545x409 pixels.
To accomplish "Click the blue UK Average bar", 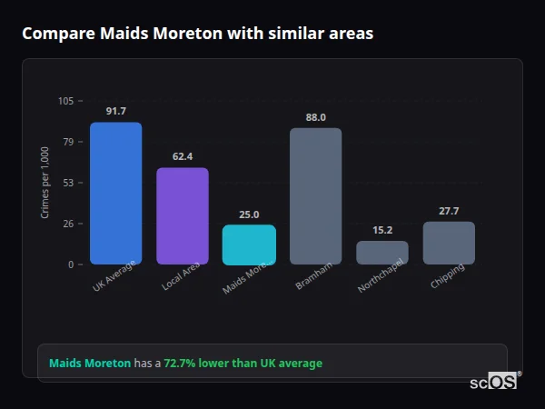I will [x=115, y=194].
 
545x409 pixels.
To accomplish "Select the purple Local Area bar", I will [x=183, y=216].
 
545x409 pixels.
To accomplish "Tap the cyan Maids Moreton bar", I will [x=249, y=244].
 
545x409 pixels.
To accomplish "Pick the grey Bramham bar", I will [x=316, y=196].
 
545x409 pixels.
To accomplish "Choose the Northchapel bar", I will [x=382, y=253].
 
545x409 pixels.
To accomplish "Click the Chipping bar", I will [x=449, y=243].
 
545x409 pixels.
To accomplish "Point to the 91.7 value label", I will [x=115, y=111].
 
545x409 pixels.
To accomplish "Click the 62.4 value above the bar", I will [x=183, y=156].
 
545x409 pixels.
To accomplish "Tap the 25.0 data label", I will [x=249, y=214].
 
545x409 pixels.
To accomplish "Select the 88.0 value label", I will [x=316, y=117].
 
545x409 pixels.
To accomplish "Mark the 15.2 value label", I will [x=382, y=230].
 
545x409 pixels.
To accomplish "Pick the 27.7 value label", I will [x=449, y=211].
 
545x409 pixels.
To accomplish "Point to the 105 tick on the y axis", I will [x=65, y=101].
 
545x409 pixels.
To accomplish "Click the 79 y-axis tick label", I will [x=68, y=142].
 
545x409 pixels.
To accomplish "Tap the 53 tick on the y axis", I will [x=68, y=183].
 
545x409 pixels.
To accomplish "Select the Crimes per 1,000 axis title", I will [x=45, y=183].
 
